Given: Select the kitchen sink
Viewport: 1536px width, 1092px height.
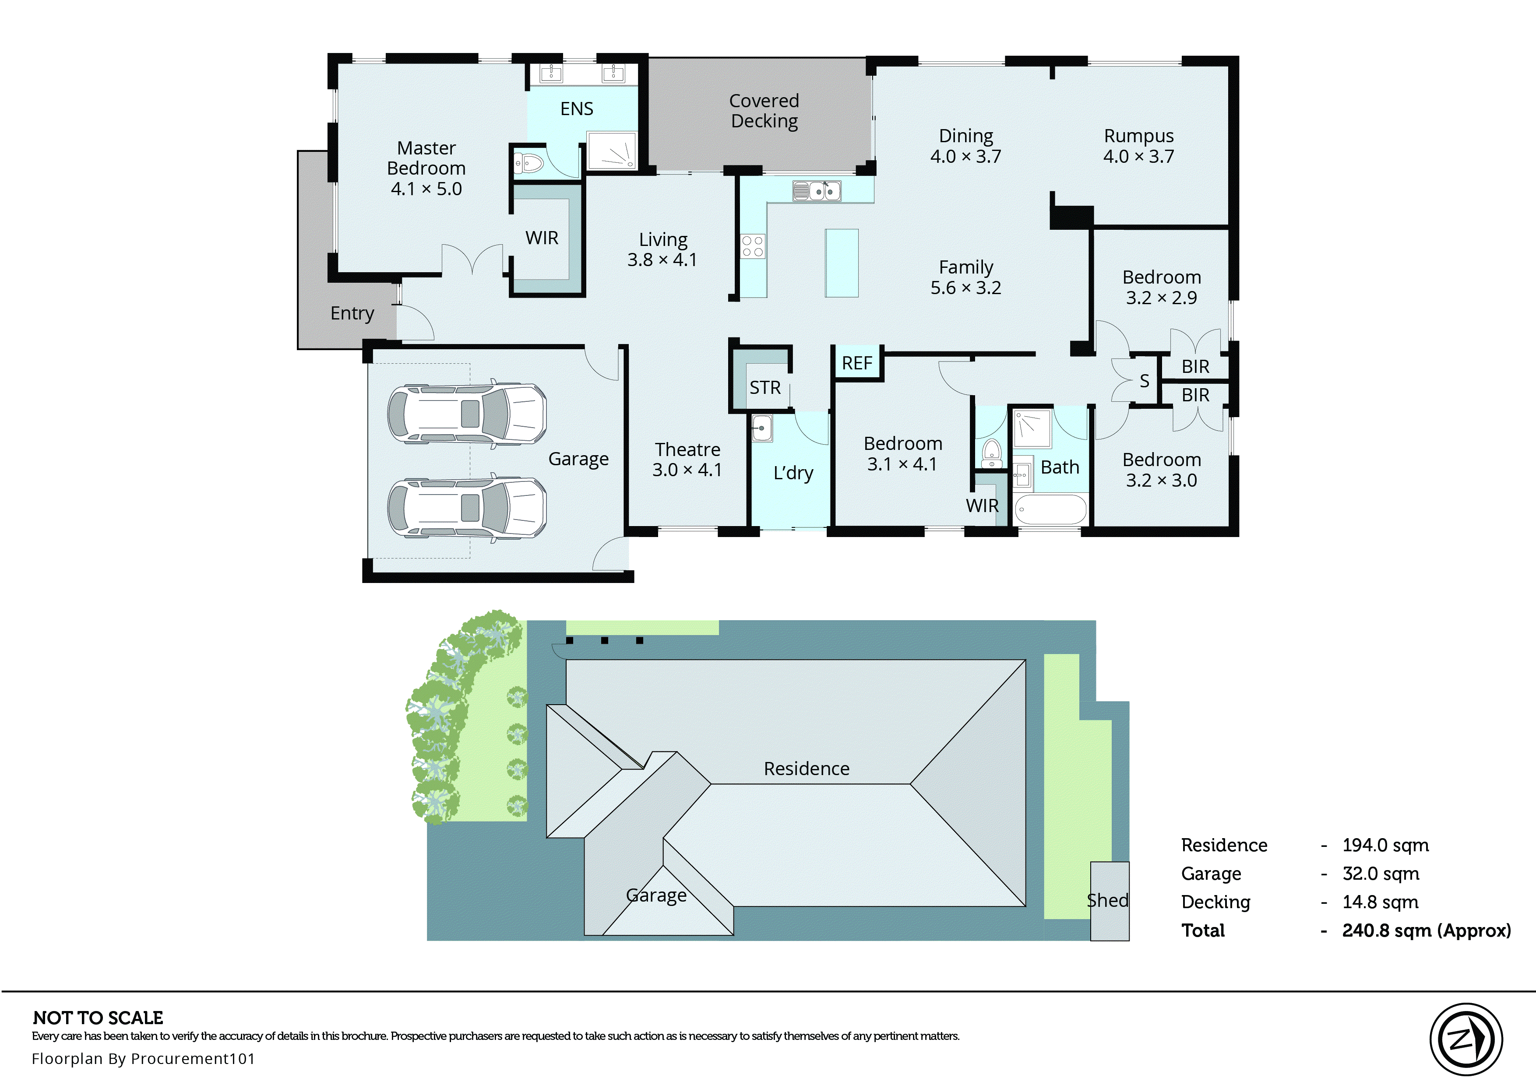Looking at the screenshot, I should click(817, 192).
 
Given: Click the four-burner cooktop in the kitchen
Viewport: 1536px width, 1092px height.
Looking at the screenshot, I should click(753, 246).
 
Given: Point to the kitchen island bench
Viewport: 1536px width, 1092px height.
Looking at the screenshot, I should click(841, 263).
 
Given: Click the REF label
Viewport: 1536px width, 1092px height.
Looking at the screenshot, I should click(857, 364).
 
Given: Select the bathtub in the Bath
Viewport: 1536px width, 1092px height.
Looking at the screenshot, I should click(1050, 510).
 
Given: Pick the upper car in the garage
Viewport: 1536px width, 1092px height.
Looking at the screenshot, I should click(467, 414).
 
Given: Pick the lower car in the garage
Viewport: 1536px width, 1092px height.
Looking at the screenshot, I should click(467, 508).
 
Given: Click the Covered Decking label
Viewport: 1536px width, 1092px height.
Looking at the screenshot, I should click(764, 111).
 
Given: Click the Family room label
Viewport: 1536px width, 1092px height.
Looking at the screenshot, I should click(966, 267).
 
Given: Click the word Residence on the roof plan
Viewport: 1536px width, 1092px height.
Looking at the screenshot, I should click(807, 769).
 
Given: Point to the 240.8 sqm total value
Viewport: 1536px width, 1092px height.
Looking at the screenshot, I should click(1426, 930).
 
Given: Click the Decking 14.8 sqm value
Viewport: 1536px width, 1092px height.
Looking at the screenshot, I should click(1380, 902).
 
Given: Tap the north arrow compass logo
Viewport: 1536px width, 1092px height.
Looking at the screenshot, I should click(1466, 1039).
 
